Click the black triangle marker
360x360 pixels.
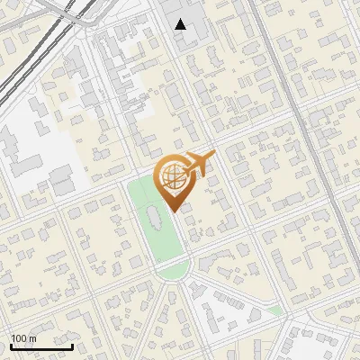coord(181,24)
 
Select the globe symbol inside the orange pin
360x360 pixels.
coord(172,178)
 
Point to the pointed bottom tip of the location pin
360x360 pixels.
coord(173,211)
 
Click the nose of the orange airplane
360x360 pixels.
coord(213,155)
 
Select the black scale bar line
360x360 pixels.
coord(41,346)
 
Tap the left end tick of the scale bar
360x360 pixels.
coord(11,345)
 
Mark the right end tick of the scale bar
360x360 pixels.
coord(72,345)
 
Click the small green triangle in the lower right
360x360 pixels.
coord(275,310)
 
